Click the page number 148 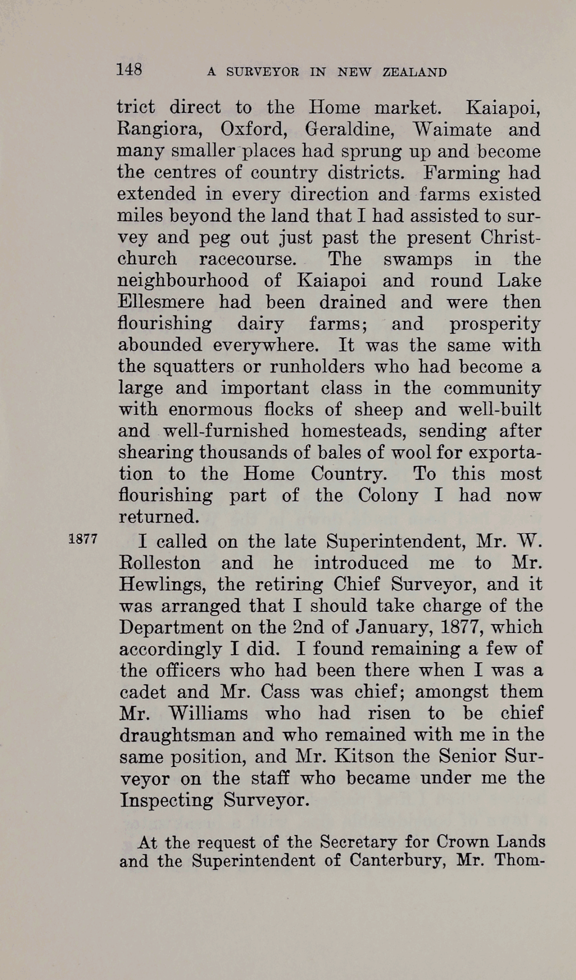coord(129,69)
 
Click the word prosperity coord(495,324)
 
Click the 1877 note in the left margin coord(83,538)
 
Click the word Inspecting coord(166,800)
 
